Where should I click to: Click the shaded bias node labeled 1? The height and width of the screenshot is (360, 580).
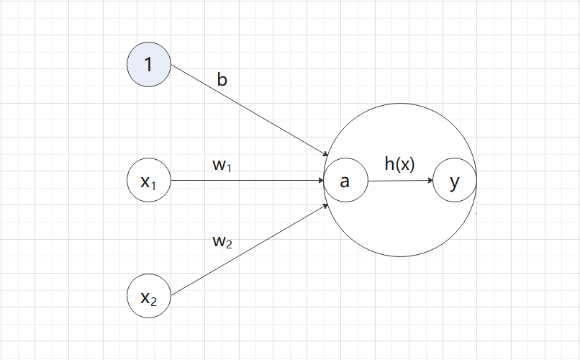(148, 65)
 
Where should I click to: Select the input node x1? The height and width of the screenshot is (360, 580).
(148, 181)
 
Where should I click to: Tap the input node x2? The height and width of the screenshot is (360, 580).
(148, 296)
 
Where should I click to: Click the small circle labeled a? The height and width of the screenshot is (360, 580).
(345, 181)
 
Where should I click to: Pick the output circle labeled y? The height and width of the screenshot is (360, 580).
(454, 181)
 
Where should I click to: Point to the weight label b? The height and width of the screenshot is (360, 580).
(222, 78)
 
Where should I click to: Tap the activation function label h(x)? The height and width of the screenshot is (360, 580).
(399, 164)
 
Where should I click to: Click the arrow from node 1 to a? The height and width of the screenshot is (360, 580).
(245, 108)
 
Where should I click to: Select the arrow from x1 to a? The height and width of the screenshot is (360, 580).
(245, 181)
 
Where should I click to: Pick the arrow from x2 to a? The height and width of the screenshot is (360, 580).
(245, 251)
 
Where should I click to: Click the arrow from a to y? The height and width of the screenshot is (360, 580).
(399, 181)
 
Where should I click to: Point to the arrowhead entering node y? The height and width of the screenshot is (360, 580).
(430, 181)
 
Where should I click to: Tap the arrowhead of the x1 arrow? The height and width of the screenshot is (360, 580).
(320, 181)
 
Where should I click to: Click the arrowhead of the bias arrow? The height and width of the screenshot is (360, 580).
(325, 152)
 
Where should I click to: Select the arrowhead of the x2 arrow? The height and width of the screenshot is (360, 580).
(325, 207)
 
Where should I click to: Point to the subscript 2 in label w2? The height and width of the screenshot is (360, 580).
(229, 245)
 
